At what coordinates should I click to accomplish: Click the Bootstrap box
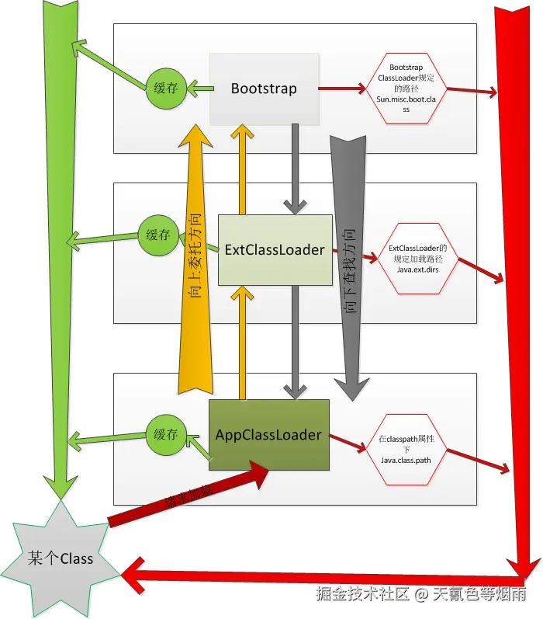[264, 89]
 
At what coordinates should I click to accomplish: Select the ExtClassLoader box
[275, 250]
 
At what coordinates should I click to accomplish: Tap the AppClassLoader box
[268, 435]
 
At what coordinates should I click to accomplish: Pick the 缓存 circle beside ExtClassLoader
[157, 234]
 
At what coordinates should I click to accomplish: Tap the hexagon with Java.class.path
[406, 450]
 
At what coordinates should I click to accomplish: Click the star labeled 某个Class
[60, 558]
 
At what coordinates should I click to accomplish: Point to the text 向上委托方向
[196, 256]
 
